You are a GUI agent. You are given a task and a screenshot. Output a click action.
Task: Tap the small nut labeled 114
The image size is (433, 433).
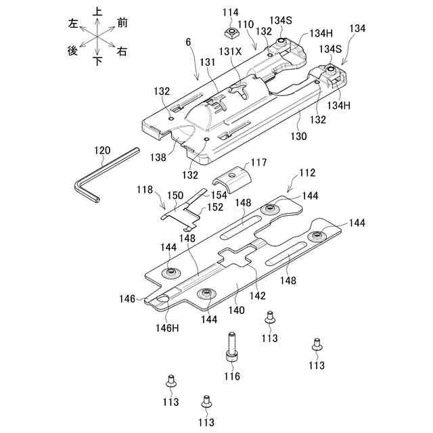229,33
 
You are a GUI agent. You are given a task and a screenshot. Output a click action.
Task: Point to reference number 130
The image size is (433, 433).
298,136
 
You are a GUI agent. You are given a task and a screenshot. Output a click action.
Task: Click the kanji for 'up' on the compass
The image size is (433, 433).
97,12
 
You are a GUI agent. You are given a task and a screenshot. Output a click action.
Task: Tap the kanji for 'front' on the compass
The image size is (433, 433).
122,22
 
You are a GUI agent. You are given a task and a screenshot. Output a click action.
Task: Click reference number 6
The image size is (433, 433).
188,42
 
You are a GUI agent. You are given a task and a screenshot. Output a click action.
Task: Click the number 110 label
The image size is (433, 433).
246,24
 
